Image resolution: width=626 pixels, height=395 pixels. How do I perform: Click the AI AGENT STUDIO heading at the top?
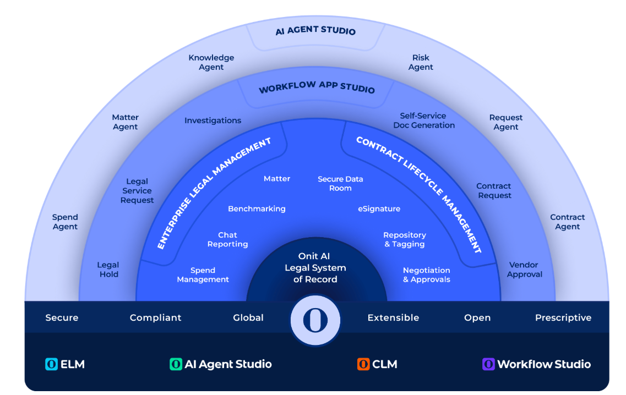coord(315,31)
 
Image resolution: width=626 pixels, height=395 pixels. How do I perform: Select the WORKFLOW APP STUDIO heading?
coord(317,88)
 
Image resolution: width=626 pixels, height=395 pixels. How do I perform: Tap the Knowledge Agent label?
coord(211,62)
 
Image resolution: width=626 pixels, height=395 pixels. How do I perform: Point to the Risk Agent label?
coord(421,62)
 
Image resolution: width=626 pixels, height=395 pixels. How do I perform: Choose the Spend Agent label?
coord(65,222)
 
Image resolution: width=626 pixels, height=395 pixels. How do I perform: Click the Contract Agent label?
coord(567,222)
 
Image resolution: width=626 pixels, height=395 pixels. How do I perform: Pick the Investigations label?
coord(213,120)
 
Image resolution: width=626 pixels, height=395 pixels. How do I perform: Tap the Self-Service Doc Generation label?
coord(424,120)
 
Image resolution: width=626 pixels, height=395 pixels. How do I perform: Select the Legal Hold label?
coord(108,270)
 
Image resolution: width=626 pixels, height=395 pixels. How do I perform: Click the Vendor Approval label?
coord(524,270)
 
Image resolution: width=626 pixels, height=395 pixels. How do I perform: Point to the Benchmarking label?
coord(257,209)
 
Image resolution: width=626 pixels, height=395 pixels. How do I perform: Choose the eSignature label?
coord(379,209)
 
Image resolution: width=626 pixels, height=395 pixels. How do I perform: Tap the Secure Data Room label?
coord(340,183)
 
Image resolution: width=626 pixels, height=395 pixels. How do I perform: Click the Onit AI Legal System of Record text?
coord(315,268)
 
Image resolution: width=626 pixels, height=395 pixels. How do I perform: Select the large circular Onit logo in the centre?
coord(315,320)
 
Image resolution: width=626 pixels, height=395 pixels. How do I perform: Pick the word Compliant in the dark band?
coord(155,317)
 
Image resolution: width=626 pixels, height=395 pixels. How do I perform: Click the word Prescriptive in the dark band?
coord(563,317)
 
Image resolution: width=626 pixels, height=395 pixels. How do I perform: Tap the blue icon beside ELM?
coord(51,364)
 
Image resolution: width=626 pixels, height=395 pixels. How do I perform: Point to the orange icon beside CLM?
coord(363,364)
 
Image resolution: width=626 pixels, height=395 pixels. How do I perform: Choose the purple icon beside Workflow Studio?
coord(488,364)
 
